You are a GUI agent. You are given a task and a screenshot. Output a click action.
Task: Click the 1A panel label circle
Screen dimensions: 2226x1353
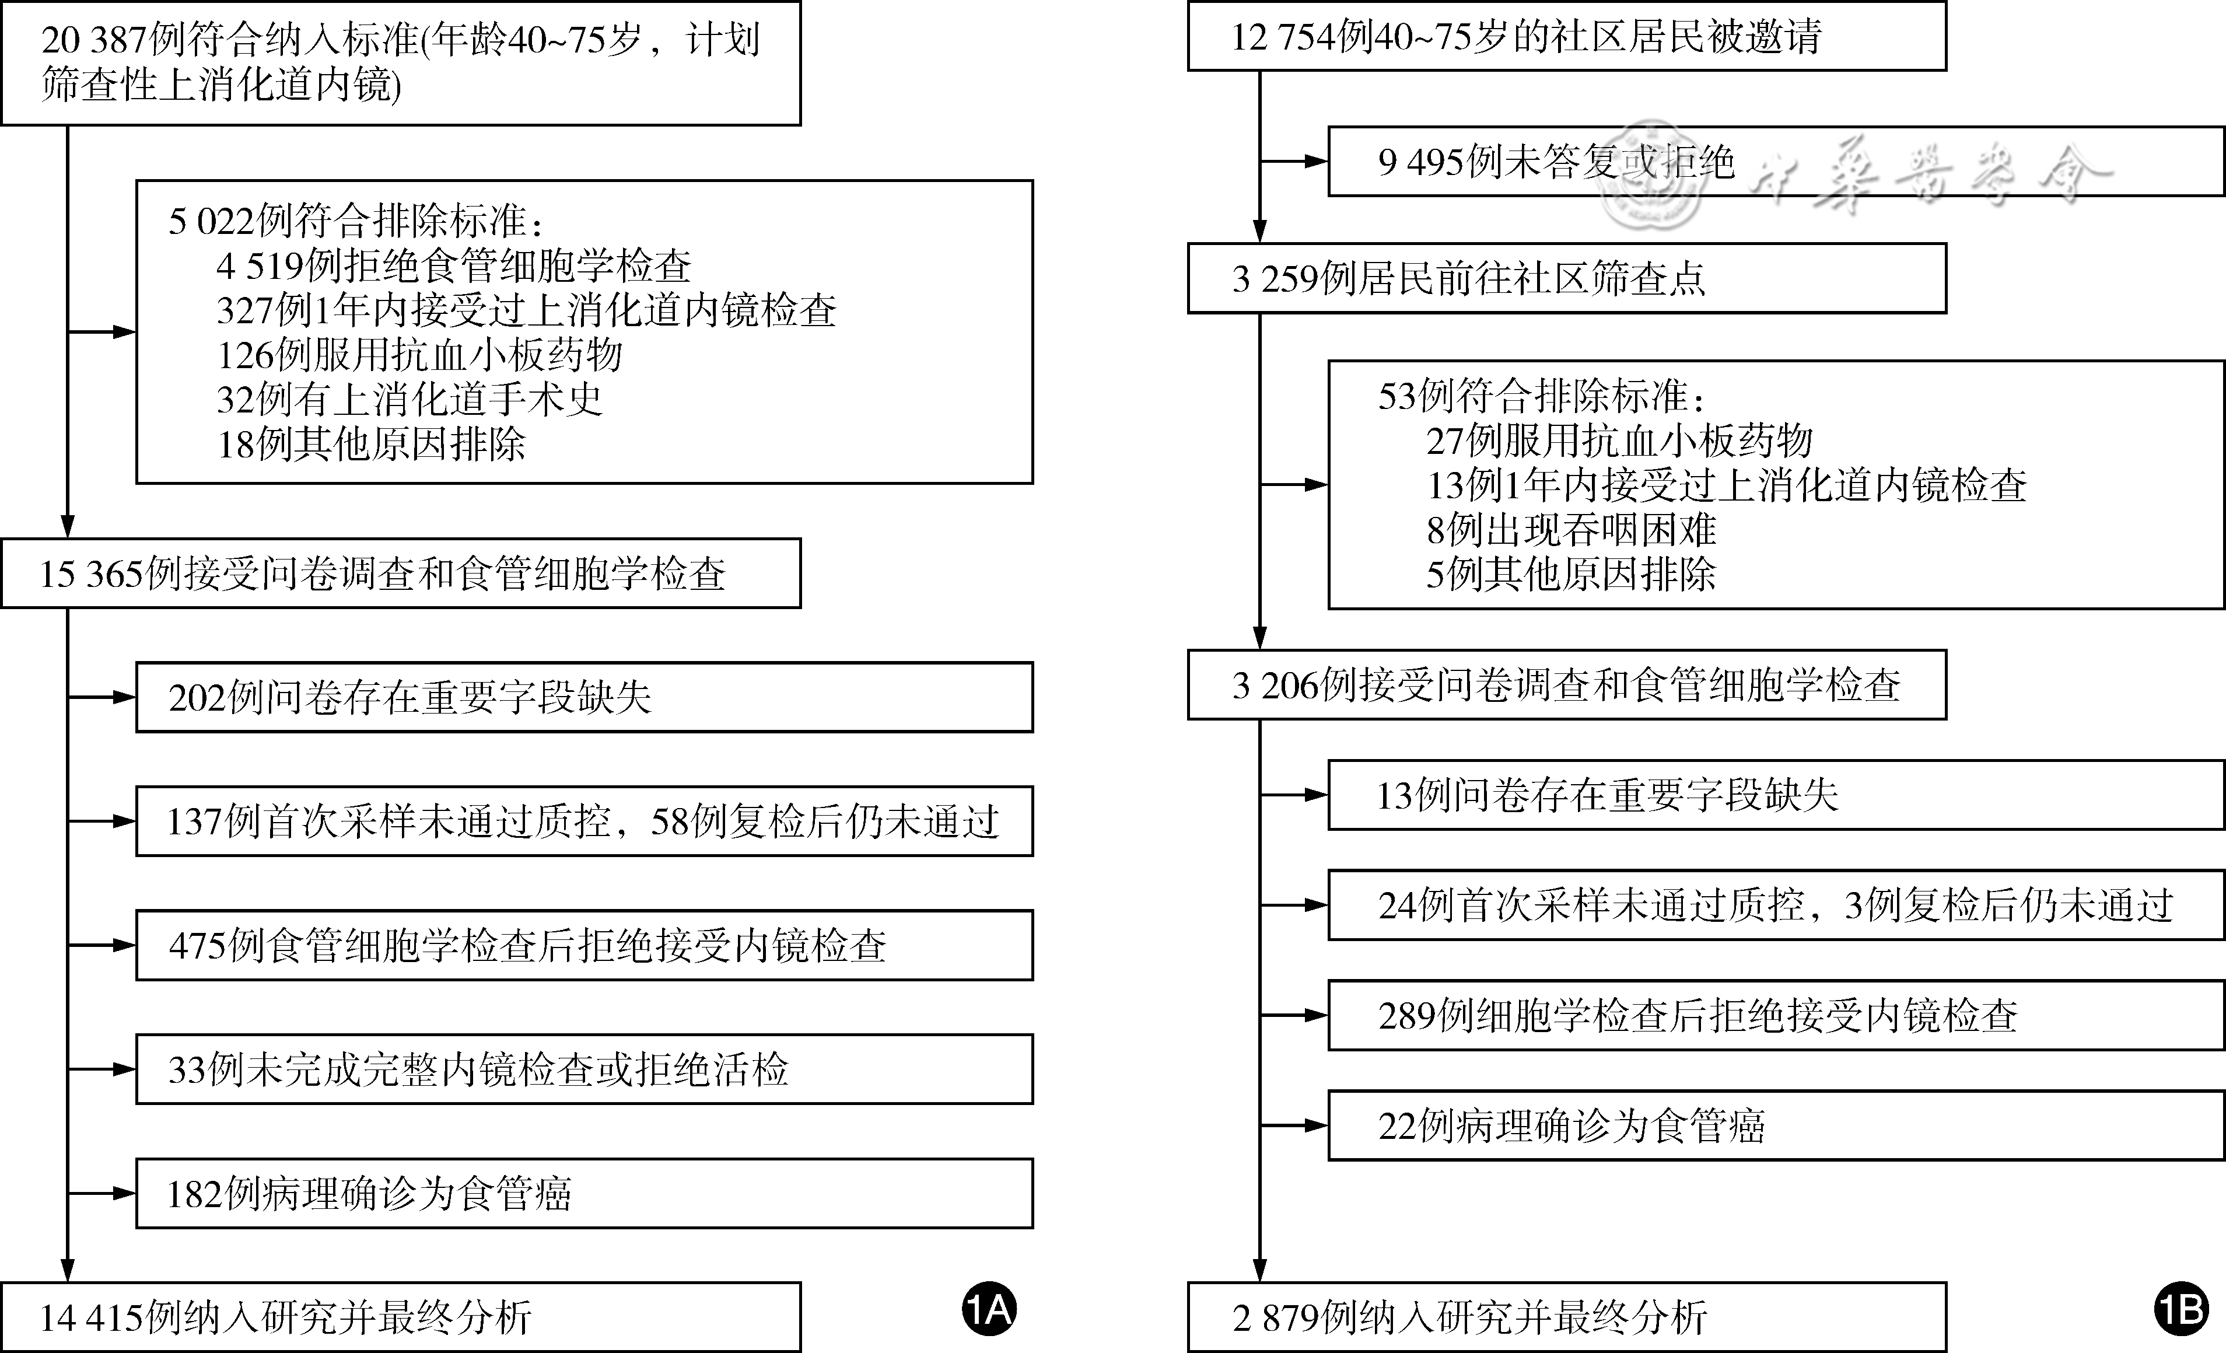989,1309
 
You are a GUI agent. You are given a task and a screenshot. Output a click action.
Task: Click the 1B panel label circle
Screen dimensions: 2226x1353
2181,1309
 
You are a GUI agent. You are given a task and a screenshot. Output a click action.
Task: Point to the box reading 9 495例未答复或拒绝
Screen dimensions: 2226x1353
1775,162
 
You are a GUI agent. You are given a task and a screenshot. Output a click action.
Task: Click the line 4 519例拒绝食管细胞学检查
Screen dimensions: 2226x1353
453,265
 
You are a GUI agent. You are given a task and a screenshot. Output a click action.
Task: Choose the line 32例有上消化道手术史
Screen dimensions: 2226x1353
409,398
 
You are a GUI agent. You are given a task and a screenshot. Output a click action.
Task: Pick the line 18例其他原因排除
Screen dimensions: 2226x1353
370,443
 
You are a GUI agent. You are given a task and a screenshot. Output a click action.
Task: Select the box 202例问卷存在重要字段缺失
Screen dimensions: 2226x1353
584,697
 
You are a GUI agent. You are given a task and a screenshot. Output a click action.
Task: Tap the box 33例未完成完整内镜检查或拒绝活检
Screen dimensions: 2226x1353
584,1069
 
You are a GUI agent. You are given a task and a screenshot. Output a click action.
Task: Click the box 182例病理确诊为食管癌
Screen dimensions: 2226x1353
584,1193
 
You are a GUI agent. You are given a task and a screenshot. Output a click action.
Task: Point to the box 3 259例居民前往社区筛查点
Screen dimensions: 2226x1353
1566,278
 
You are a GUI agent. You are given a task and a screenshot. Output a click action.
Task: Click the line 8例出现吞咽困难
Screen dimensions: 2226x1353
1571,529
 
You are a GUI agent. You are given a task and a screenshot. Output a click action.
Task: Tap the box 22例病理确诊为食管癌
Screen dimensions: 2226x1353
1775,1125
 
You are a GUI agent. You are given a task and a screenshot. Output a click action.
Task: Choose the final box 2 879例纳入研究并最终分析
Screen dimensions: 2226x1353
1566,1317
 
